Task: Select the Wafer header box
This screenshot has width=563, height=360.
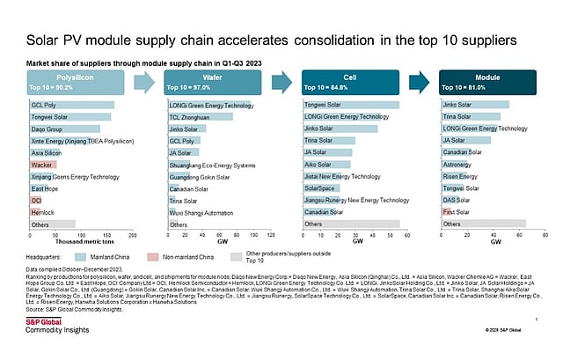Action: [215, 84]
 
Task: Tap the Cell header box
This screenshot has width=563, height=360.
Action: [350, 84]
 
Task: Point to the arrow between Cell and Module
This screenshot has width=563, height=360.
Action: [420, 84]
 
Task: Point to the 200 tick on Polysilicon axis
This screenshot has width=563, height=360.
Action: [133, 236]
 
